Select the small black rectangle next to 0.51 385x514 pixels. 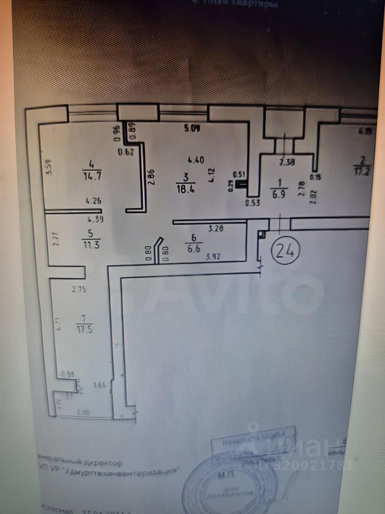click(x=243, y=185)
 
